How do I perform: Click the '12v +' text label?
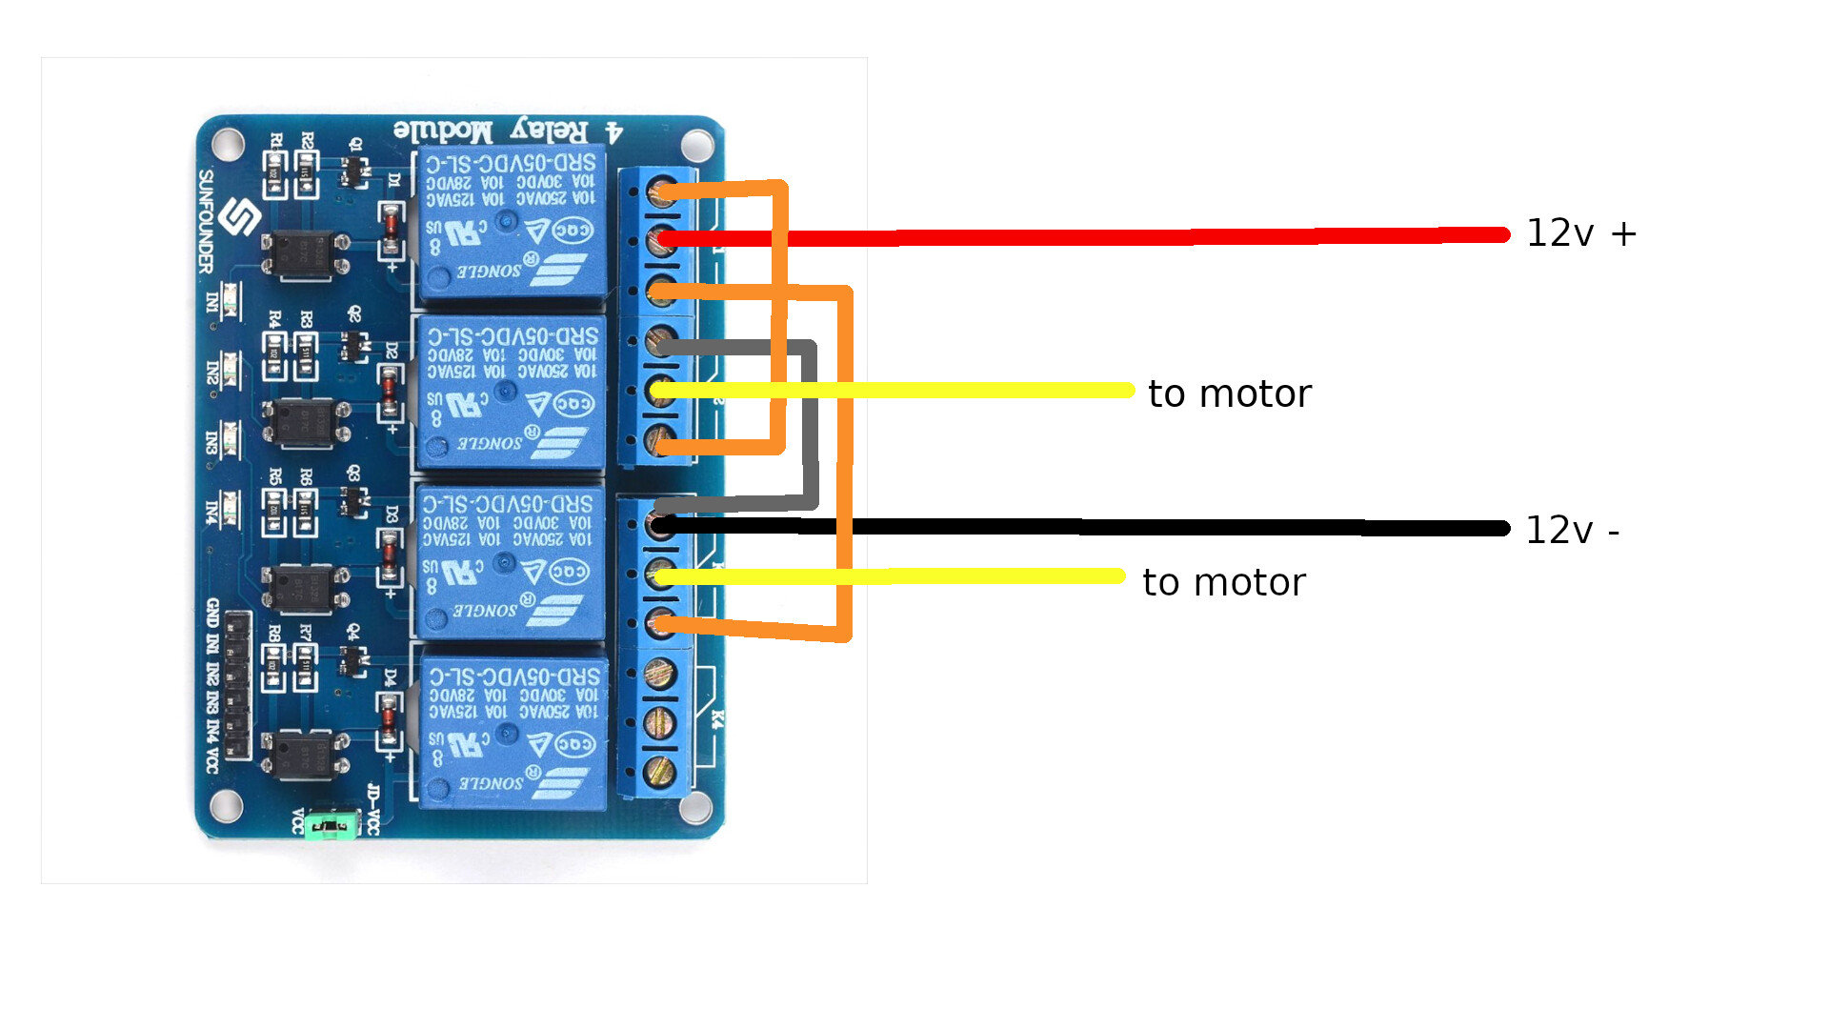coord(1580,233)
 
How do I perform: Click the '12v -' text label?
coord(1572,531)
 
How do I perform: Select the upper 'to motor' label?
coord(1229,393)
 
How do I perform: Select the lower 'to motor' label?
coord(1223,582)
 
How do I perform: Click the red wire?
coord(1143,236)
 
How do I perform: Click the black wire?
coord(1143,527)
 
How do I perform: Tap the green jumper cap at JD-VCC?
coord(330,824)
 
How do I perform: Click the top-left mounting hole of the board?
coord(228,144)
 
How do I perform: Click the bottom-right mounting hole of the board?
coord(696,809)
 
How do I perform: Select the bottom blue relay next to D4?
coord(512,732)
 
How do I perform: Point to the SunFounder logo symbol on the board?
coord(239,218)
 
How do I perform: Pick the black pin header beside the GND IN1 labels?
coord(238,686)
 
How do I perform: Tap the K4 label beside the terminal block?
coord(718,720)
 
